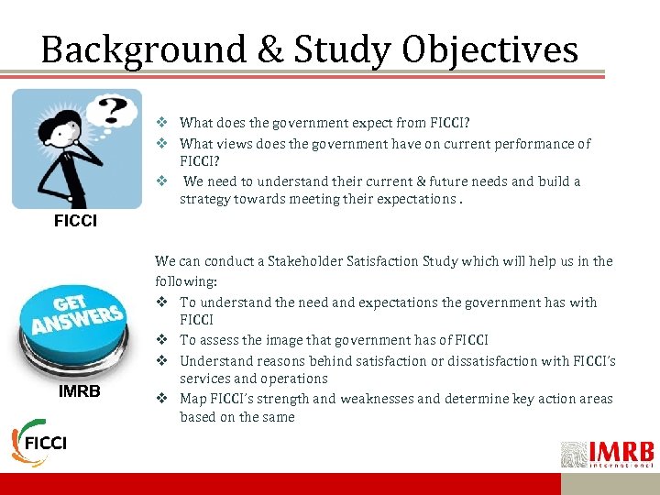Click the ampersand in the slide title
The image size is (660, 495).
(x=272, y=49)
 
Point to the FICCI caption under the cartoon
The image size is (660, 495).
(x=75, y=222)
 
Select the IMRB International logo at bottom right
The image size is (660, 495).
(x=607, y=454)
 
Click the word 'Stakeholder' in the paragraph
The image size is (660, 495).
(x=306, y=262)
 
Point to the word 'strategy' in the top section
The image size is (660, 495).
(x=204, y=200)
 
